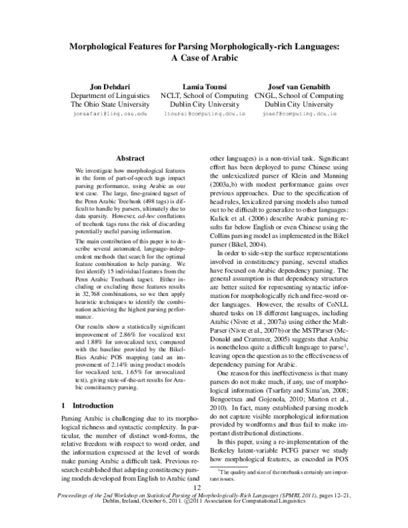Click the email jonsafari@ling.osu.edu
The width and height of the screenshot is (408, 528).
point(109,116)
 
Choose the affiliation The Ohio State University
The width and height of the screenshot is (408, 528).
point(109,105)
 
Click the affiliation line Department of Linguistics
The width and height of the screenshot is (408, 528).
point(109,96)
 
